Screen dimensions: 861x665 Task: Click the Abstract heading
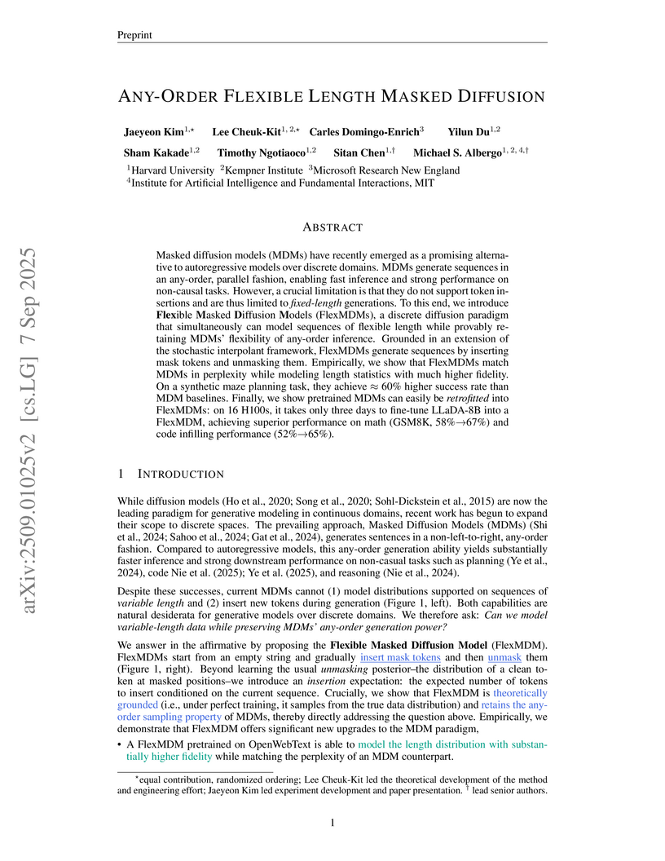click(332, 227)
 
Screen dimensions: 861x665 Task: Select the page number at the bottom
click(332, 823)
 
